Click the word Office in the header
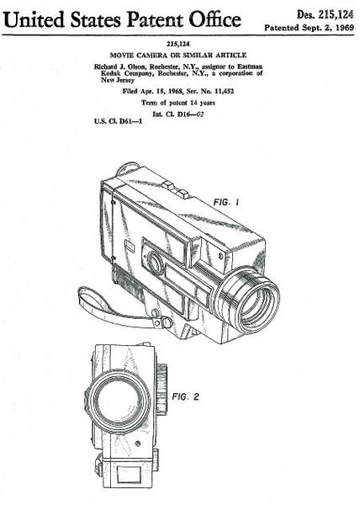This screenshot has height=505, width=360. [x=214, y=19]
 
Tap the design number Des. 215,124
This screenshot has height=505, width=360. [x=325, y=15]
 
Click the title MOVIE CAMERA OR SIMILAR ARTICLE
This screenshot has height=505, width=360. [x=178, y=55]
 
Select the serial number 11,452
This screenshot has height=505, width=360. [x=224, y=91]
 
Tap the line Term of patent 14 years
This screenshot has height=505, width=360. [x=178, y=103]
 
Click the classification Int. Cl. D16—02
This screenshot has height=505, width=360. [x=178, y=114]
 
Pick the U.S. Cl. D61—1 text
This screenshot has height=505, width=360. [x=118, y=121]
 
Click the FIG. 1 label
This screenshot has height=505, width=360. [x=226, y=203]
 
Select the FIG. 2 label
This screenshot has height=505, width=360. [x=185, y=396]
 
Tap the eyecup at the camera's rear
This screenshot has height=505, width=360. [x=128, y=168]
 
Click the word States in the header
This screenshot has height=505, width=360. [x=96, y=19]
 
